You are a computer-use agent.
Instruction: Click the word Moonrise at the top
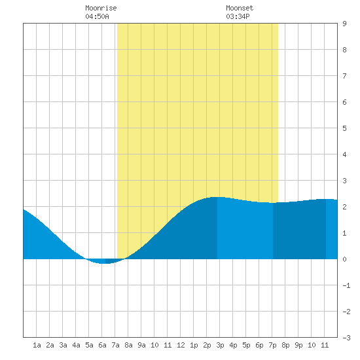pos(101,8)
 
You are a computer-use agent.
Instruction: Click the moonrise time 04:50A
pos(97,16)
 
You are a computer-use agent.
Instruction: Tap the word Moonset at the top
pos(240,8)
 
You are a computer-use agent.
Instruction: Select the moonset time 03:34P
pos(238,16)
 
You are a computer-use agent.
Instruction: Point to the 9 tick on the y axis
pos(344,24)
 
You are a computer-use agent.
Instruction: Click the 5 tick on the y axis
pos(344,128)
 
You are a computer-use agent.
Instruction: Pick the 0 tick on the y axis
pos(344,259)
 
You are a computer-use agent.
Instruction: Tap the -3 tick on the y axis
pos(347,338)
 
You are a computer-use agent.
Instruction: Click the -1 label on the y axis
pos(347,285)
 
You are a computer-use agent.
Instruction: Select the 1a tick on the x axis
pos(37,345)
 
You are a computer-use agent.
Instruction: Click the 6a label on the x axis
pos(102,345)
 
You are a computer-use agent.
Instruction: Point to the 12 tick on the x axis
pos(181,345)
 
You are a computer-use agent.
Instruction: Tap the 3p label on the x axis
pos(220,345)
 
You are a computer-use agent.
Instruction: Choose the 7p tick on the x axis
pos(272,345)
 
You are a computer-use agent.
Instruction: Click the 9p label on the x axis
pos(298,345)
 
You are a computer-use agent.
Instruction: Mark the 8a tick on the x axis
pos(128,345)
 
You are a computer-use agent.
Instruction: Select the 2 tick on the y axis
pos(344,207)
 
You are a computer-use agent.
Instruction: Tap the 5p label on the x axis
pos(246,345)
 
